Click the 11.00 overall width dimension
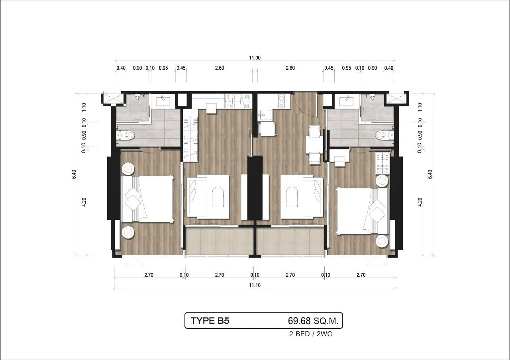(255, 58)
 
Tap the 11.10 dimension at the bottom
(255, 285)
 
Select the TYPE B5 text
(210, 321)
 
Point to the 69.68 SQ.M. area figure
(313, 321)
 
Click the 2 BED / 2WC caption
(310, 334)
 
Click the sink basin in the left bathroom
(163, 100)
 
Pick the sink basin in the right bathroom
(347, 100)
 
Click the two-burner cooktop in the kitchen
(282, 101)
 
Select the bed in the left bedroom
(148, 199)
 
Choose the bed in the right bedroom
(363, 211)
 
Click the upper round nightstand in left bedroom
(128, 169)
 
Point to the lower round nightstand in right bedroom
(382, 241)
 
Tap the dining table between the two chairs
(314, 144)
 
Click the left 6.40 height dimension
(74, 174)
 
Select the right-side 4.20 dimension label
(420, 202)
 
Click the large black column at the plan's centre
(255, 188)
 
